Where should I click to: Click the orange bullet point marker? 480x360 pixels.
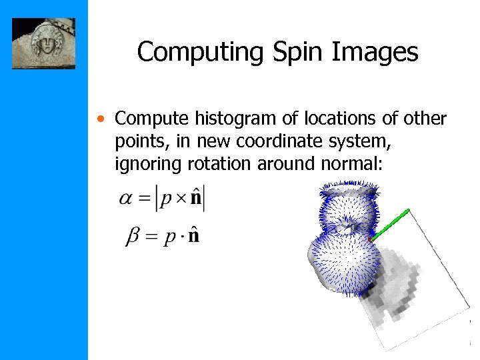99,120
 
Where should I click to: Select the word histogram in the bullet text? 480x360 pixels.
227,119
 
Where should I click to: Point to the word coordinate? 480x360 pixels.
285,141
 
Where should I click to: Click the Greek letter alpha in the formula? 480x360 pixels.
126,199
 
